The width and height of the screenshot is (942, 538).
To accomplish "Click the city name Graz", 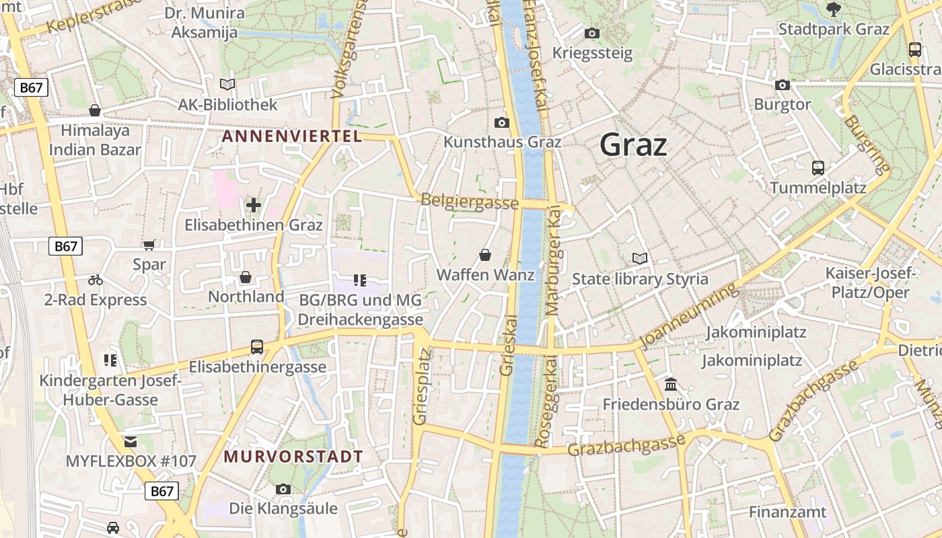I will (633, 145).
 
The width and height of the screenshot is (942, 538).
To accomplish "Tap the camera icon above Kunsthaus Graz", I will (501, 122).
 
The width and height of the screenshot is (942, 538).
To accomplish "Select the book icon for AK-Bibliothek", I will (227, 85).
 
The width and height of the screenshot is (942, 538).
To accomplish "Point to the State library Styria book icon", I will (639, 258).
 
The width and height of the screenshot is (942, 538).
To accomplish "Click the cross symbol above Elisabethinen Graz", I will (254, 204).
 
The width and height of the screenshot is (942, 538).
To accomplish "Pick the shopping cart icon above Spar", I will (149, 245).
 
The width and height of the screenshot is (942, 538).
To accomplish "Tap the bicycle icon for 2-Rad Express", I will (96, 280).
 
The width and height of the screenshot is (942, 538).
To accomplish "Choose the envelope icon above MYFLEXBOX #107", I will (131, 442).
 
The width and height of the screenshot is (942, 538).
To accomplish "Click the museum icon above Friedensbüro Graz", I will (671, 384).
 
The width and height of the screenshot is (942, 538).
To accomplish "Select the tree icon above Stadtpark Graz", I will (834, 9).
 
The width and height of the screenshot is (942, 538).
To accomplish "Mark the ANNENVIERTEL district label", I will (292, 137).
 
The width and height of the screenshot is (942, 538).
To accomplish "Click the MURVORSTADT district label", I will (293, 457).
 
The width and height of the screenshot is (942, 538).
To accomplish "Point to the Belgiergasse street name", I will (470, 201).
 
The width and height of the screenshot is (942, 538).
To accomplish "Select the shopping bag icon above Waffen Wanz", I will (485, 255).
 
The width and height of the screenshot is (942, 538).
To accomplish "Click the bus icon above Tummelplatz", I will (818, 168).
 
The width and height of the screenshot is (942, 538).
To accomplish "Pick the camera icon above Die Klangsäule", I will (283, 489).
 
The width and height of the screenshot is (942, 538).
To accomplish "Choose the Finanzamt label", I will (788, 512).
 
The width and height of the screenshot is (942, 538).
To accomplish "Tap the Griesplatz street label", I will (421, 386).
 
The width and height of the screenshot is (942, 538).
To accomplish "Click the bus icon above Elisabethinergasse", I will (257, 347).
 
